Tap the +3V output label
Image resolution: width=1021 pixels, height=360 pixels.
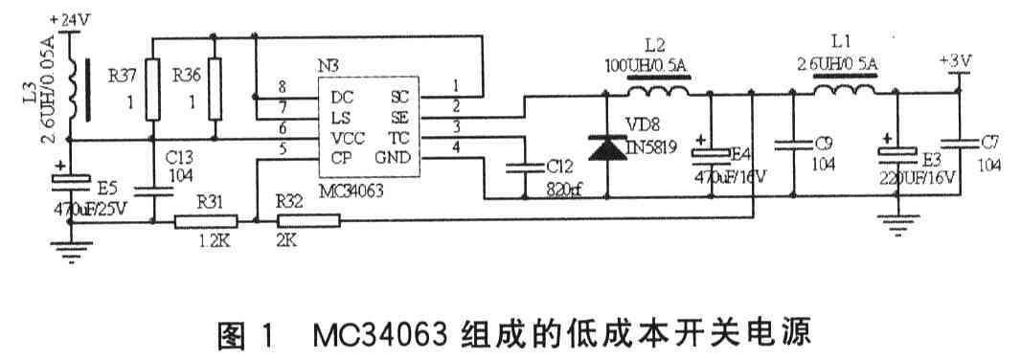tap(955, 60)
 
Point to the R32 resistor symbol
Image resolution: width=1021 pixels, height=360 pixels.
tap(307, 222)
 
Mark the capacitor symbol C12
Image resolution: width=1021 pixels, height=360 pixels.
tap(524, 165)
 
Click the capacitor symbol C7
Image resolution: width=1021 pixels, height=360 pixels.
tap(958, 144)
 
